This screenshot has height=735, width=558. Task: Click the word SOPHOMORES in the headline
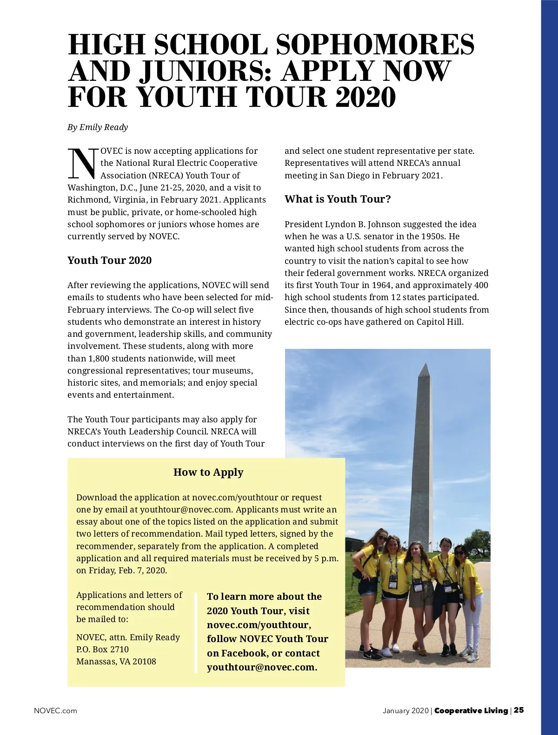click(375, 44)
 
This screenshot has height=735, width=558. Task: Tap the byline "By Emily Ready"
click(98, 127)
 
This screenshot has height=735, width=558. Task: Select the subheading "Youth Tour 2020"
click(109, 260)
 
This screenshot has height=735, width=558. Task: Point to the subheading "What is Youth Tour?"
click(338, 199)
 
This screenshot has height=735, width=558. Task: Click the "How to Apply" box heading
click(208, 472)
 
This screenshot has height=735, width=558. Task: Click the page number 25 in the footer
click(519, 710)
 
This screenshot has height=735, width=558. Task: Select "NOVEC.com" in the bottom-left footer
click(55, 710)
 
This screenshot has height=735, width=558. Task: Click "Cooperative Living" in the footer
click(471, 710)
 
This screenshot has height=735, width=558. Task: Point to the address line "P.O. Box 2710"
click(102, 650)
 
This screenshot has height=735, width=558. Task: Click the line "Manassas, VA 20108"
click(116, 662)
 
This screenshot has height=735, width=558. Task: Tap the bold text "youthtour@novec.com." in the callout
click(262, 668)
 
